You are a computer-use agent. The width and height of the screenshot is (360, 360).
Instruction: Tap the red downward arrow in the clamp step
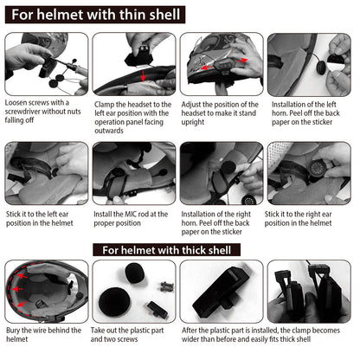click(143, 76)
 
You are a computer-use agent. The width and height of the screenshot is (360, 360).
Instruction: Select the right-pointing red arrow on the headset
click(242, 61)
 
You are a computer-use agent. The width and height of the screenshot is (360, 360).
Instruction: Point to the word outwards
click(109, 131)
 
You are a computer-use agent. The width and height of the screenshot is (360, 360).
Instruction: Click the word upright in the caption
click(193, 122)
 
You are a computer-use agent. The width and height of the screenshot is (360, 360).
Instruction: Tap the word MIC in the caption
click(131, 215)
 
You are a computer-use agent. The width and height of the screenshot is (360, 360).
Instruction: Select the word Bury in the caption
click(13, 331)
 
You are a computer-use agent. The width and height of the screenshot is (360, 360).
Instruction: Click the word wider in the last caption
click(190, 339)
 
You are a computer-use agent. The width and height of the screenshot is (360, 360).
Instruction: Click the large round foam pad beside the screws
click(114, 301)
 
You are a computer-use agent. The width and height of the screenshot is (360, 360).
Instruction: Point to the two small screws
click(167, 286)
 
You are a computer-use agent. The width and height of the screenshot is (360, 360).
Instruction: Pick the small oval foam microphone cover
click(136, 273)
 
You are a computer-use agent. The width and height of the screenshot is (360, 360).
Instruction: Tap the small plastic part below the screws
click(157, 309)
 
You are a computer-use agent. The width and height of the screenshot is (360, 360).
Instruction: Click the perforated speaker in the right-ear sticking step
click(317, 168)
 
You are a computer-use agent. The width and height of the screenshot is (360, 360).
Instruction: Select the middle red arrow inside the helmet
click(16, 289)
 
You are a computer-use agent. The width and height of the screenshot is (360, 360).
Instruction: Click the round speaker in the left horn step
click(320, 67)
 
